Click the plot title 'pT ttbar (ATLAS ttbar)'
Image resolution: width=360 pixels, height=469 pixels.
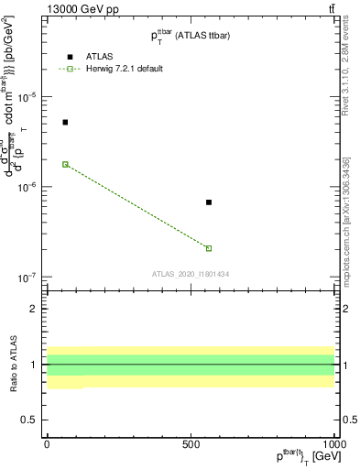(191, 36)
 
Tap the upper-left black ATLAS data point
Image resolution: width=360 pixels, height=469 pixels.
(65, 122)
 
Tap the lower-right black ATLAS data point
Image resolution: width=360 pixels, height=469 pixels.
(209, 202)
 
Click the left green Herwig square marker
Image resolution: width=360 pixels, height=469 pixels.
(65, 164)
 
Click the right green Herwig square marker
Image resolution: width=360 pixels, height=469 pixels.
(209, 248)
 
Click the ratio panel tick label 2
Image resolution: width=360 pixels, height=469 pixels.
(35, 309)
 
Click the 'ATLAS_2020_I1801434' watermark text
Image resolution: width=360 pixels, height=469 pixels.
(191, 274)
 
